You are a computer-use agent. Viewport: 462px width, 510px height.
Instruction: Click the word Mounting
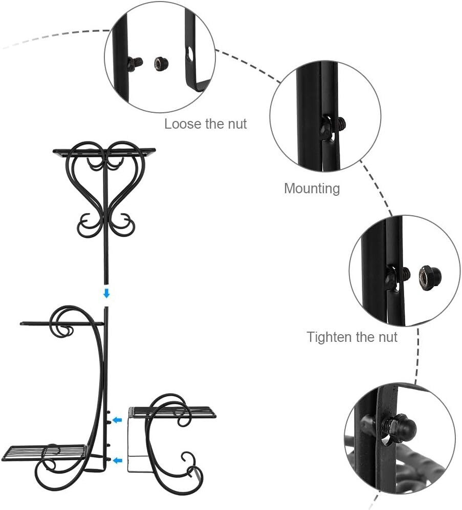coord(312,189)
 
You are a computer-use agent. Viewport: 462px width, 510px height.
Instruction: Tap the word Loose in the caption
coord(181,124)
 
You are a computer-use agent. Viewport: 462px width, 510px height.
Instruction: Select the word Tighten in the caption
coord(327,337)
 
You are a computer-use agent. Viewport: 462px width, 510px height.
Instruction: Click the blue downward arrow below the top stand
coord(106,294)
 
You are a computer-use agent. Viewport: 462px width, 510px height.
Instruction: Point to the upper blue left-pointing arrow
coord(118,420)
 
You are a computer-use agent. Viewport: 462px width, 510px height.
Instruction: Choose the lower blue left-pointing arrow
coord(118,460)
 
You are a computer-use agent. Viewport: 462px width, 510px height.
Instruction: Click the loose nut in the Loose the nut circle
coord(159,63)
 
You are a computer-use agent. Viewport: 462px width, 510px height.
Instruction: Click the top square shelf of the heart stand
coord(104,151)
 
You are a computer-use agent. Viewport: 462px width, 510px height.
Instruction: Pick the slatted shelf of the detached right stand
coord(172,412)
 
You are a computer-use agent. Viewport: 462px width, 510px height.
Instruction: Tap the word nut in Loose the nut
coord(237,124)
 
